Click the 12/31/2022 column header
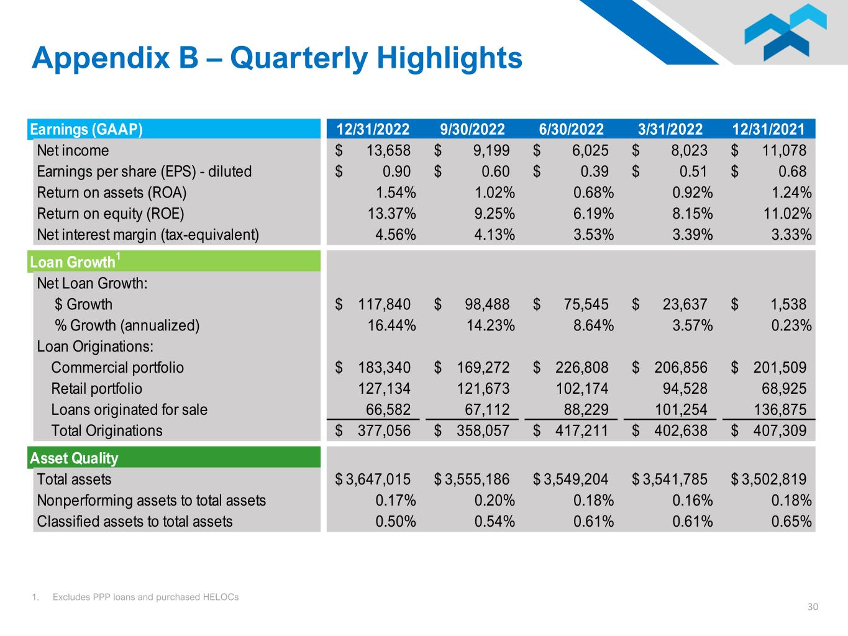[x=373, y=129]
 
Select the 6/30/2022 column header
[x=571, y=129]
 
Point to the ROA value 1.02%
[x=495, y=193]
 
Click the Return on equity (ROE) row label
[x=111, y=214]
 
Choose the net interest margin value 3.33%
[x=791, y=235]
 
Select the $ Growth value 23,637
[x=681, y=304]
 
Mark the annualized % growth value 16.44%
[x=391, y=325]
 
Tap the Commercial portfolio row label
[x=117, y=368]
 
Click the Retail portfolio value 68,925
[x=784, y=389]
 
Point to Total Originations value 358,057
[x=483, y=431]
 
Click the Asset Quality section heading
[x=74, y=458]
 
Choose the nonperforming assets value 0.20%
[x=495, y=501]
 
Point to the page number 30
[x=813, y=607]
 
